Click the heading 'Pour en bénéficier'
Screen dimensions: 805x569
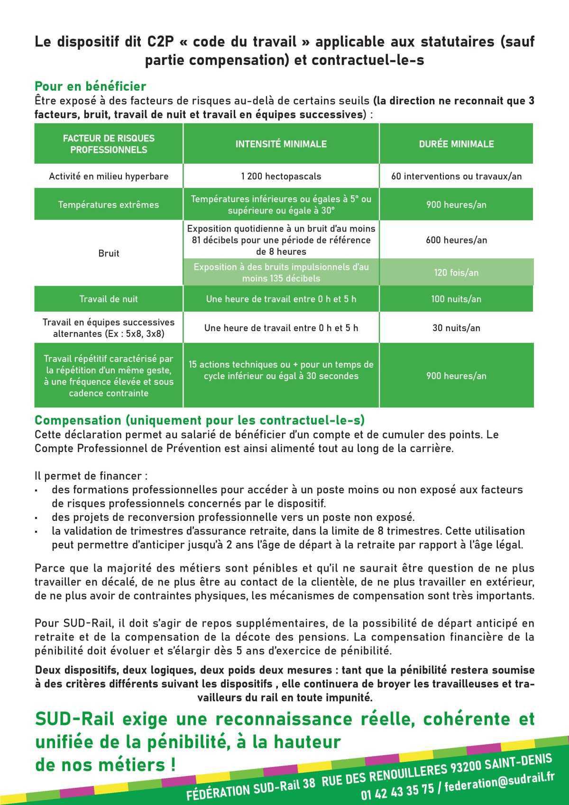tap(90, 86)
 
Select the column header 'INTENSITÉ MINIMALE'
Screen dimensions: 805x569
tap(281, 144)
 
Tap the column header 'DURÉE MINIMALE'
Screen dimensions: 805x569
tap(456, 144)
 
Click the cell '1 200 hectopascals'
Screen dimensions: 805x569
tap(281, 176)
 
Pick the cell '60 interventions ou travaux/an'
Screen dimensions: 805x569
tap(456, 176)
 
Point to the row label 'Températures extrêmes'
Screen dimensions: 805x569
tap(109, 205)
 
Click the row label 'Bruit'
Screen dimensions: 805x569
tap(109, 253)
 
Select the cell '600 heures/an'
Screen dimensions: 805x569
tap(456, 240)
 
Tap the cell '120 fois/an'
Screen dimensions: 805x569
tap(456, 273)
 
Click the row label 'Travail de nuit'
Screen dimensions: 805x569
tap(109, 299)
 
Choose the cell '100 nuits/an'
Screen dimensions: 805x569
tap(456, 299)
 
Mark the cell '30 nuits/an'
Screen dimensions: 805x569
tap(456, 328)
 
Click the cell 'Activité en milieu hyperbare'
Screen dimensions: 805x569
tap(109, 176)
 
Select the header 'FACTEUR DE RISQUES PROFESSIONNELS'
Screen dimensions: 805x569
tap(109, 144)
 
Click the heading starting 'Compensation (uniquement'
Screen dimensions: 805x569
tap(199, 420)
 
